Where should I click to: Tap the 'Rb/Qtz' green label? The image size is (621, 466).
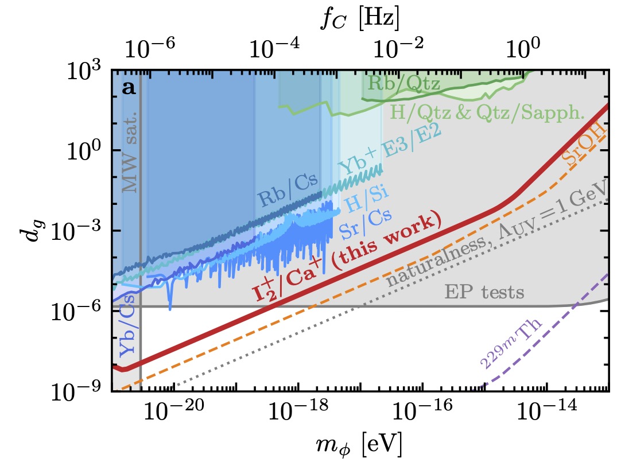click(403, 84)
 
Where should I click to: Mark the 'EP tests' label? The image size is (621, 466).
click(484, 293)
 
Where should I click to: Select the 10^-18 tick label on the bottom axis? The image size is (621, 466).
click(297, 412)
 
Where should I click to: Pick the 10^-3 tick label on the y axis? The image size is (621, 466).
click(79, 231)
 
